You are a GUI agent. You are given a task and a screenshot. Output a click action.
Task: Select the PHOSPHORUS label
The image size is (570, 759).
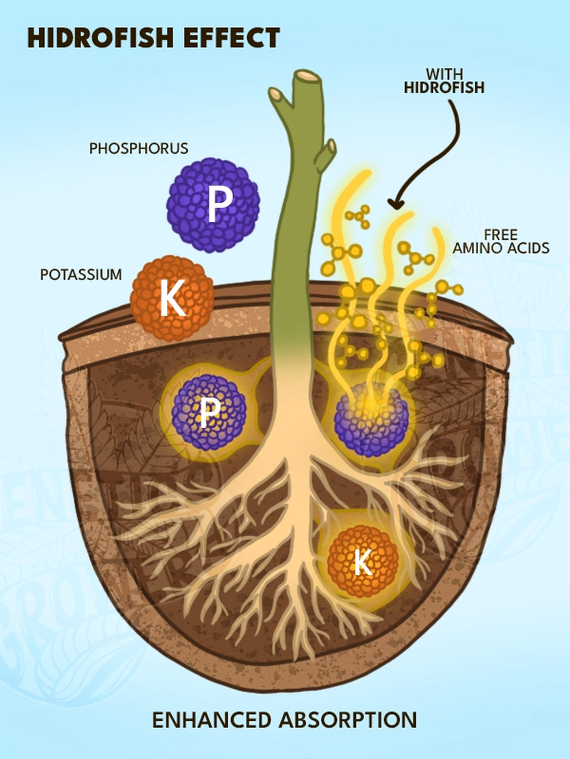(139, 149)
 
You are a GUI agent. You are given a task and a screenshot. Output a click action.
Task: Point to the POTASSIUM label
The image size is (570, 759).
(81, 275)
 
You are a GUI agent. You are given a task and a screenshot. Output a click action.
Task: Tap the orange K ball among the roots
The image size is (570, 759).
(362, 563)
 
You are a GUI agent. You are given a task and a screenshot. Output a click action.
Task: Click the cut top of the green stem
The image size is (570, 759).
(307, 76)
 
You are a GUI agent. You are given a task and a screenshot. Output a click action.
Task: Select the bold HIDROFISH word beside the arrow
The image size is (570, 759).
(443, 88)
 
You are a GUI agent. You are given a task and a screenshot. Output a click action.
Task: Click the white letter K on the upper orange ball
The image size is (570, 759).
(172, 299)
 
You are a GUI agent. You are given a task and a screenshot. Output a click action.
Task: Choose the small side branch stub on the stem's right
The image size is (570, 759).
(328, 149)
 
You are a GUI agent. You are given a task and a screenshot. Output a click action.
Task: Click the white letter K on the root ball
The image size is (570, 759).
(362, 563)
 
